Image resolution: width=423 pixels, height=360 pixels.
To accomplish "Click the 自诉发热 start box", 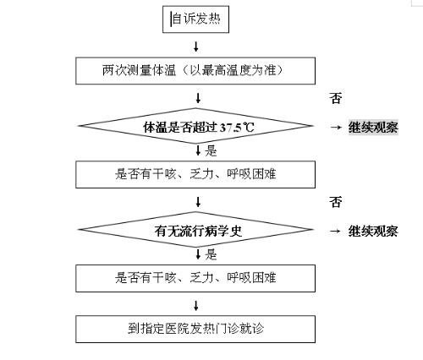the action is click(x=195, y=19).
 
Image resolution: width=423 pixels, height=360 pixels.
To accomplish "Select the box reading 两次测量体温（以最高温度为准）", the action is click(x=195, y=71).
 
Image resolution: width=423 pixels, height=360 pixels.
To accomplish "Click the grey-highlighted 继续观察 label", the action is click(x=373, y=128).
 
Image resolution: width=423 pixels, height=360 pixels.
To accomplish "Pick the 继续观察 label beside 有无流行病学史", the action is click(x=373, y=231).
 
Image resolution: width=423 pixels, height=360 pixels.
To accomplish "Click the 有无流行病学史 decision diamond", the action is click(x=195, y=230).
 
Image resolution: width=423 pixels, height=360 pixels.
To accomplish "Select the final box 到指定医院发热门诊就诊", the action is click(x=195, y=329).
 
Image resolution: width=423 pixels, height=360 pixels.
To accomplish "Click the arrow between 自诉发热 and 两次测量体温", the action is click(x=196, y=46).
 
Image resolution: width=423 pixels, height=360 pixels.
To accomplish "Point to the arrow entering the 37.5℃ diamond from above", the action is click(x=198, y=98).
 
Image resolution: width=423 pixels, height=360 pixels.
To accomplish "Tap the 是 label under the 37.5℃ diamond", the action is click(x=211, y=150).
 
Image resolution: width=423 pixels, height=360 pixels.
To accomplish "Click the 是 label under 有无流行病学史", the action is click(x=211, y=254).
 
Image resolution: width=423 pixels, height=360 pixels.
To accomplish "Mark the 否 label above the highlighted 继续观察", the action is click(x=336, y=98).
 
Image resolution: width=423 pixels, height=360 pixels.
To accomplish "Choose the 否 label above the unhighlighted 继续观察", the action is click(x=336, y=202).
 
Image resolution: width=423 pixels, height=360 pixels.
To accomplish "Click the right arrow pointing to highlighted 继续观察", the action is click(x=336, y=128).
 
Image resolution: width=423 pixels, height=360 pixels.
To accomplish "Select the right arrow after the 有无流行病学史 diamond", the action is click(x=336, y=231).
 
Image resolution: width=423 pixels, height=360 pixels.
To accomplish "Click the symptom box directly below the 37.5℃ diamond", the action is click(x=195, y=175).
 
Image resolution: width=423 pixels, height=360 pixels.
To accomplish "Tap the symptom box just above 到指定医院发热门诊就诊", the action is click(x=195, y=278).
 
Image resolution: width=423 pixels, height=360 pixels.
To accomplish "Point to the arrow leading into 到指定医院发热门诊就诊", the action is click(x=196, y=306).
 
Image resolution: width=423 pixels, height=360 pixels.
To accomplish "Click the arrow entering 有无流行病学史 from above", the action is click(x=198, y=202).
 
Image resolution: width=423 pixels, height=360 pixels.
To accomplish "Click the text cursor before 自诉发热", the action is click(x=171, y=19).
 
